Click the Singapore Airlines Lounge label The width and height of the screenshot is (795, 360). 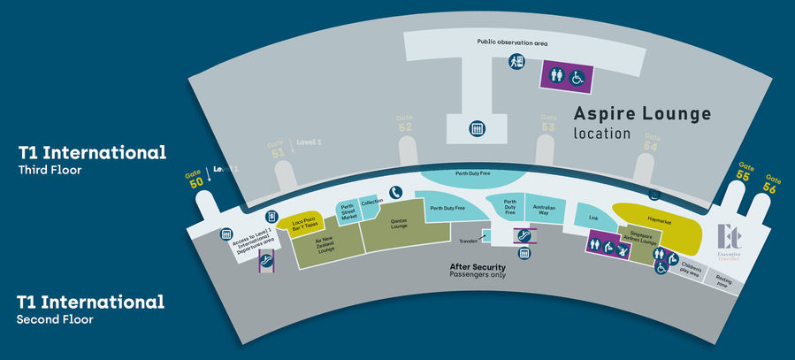(647, 240)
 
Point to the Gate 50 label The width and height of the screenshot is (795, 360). (195, 178)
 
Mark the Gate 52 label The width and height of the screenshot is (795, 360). (405, 123)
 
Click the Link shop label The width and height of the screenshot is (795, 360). (593, 217)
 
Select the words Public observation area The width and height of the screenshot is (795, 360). (512, 42)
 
